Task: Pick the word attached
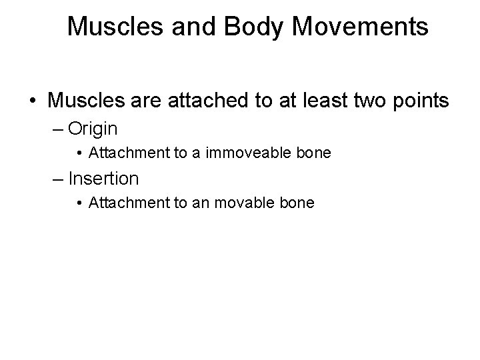click(x=203, y=101)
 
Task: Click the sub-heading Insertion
click(x=103, y=178)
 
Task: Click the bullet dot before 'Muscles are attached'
click(x=33, y=101)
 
